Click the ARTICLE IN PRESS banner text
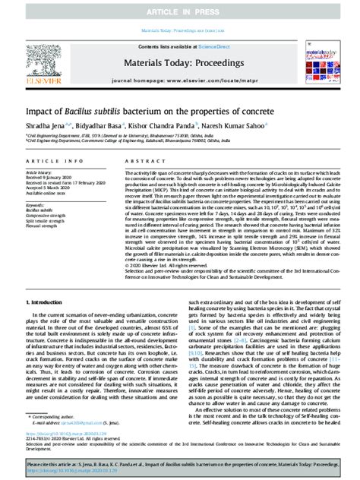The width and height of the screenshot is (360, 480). [179, 8]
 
